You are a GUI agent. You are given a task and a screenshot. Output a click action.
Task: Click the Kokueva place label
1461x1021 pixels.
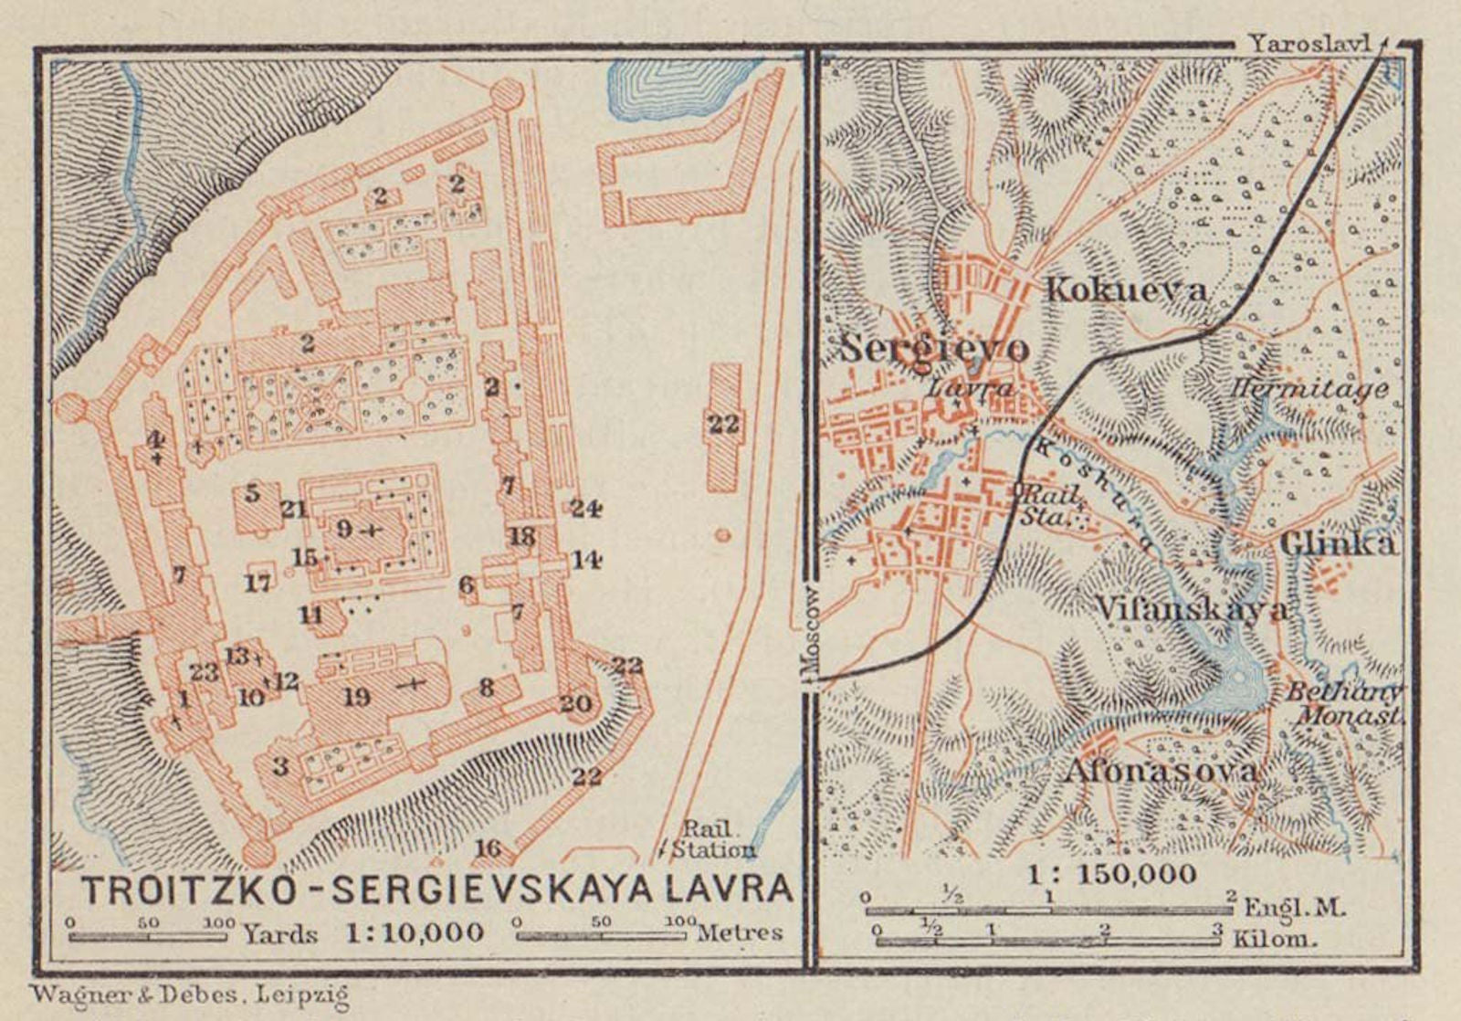pos(1125,290)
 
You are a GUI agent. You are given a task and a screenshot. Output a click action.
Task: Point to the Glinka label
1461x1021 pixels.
pos(1337,544)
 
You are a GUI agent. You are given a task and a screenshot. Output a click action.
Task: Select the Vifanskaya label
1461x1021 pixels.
pos(1191,609)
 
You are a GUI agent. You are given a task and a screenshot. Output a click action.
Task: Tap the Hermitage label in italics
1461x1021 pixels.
pos(1309,390)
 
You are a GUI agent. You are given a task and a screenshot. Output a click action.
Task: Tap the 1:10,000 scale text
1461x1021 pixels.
pos(415,932)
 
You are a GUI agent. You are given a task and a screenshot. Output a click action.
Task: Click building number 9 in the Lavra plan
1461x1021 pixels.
pos(344,529)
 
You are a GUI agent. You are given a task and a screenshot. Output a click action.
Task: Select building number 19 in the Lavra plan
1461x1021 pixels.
pos(357,698)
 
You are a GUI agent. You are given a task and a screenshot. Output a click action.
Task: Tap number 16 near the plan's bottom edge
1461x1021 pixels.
pos(488,848)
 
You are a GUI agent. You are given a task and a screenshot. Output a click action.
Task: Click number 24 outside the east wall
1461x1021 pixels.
pos(584,508)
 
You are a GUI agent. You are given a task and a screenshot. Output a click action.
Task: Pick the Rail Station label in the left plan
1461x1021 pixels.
pos(713,838)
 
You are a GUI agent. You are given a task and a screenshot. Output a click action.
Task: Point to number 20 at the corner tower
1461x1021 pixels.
pos(576,703)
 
